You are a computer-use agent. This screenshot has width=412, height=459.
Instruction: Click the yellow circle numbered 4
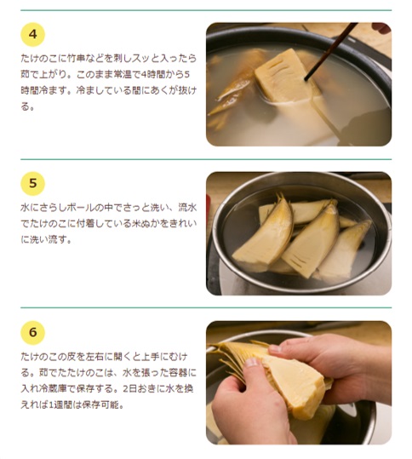32,34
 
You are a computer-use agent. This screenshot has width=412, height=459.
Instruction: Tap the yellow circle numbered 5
32,183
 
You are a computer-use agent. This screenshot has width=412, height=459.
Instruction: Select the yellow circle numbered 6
32,332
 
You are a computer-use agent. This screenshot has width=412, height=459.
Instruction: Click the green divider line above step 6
206,307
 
